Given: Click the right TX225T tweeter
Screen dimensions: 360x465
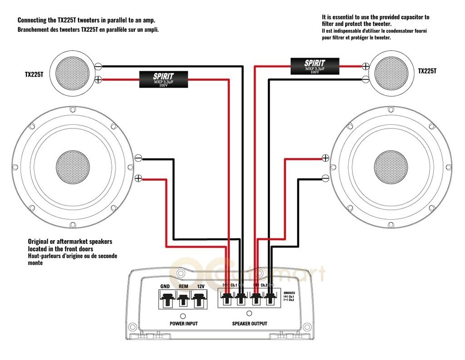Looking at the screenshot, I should [393, 73].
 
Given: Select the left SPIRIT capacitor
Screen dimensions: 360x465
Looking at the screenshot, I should [163, 79].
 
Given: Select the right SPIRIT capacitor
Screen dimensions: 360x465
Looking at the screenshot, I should [314, 66].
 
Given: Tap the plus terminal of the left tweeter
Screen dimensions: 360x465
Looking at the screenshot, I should [98, 80].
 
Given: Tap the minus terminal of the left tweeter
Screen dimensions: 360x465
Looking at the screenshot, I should [98, 66].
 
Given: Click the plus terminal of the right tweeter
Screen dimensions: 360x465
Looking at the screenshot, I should [366, 66].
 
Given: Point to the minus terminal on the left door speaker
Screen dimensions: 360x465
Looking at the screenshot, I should [139, 158].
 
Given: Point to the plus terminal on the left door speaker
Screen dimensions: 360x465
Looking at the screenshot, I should [139, 178].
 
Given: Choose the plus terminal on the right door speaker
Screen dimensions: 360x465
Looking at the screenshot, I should [325, 158].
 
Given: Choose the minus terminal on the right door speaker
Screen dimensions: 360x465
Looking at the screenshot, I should [325, 178].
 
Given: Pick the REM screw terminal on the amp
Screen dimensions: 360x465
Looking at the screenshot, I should [183, 300].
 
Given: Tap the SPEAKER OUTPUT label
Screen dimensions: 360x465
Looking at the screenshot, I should [249, 324].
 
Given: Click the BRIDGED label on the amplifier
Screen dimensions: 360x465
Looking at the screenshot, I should [289, 293].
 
